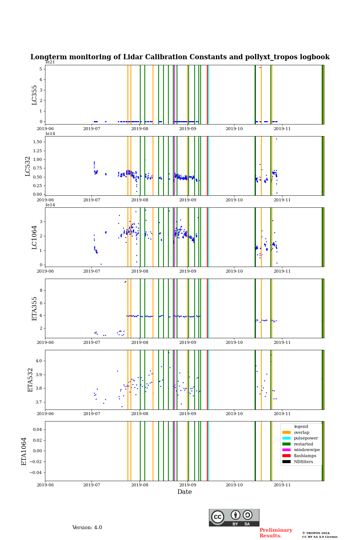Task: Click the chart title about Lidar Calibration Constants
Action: [180, 57]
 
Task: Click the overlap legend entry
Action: [301, 432]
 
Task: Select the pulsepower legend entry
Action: [306, 438]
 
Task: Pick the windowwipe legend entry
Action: [306, 450]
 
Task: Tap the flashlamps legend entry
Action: [305, 456]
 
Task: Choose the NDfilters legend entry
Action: [303, 462]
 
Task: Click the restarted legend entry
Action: [303, 444]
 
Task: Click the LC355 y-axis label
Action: [34, 95]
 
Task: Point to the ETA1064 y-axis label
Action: [24, 451]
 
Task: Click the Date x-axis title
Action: [184, 492]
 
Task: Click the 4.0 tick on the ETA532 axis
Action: [39, 361]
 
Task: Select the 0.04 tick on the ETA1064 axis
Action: [37, 429]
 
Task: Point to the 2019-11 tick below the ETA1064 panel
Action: [282, 485]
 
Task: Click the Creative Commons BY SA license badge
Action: [234, 517]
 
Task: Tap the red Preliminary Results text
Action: [276, 533]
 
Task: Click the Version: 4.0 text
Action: [87, 528]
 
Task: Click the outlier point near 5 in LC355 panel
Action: [260, 67]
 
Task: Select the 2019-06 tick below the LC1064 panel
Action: [45, 271]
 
